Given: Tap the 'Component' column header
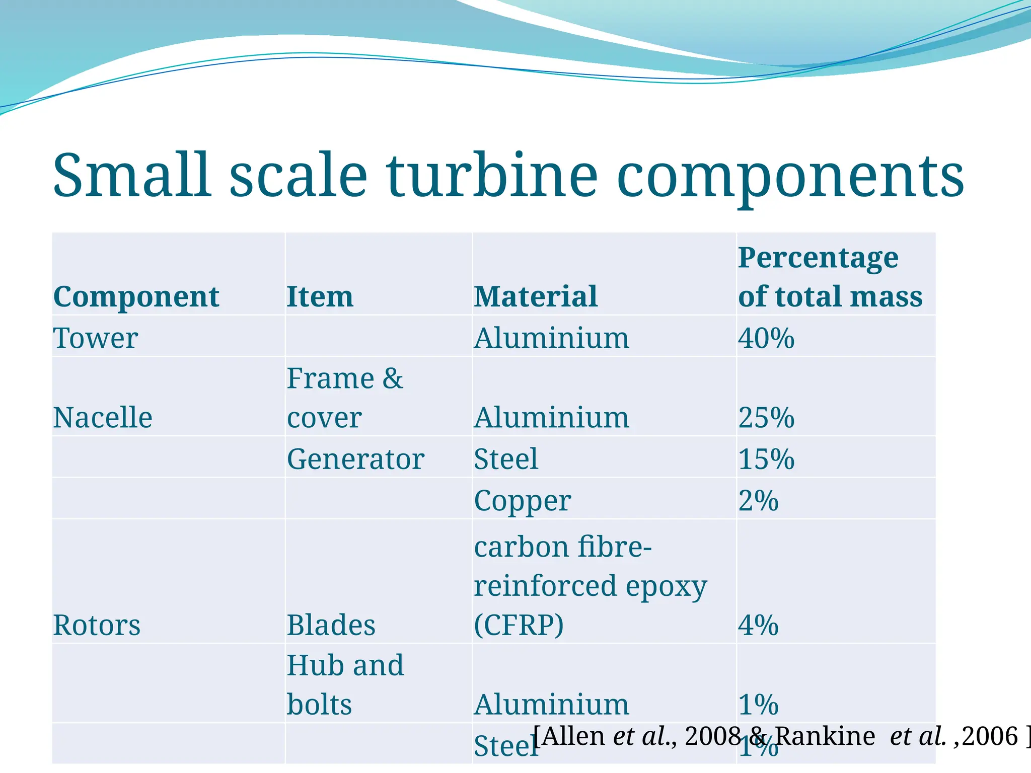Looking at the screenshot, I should pyautogui.click(x=136, y=296).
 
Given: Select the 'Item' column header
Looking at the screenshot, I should pyautogui.click(x=320, y=296).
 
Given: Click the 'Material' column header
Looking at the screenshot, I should pyautogui.click(x=536, y=296).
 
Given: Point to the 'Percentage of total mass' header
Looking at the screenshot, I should pyautogui.click(x=830, y=277).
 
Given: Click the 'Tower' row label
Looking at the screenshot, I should pyautogui.click(x=95, y=338).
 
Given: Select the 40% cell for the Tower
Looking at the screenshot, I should pyautogui.click(x=766, y=338).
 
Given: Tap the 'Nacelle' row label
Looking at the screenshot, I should pyautogui.click(x=103, y=418).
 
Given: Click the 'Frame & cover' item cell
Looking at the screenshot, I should pyautogui.click(x=345, y=398).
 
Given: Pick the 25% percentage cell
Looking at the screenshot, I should pyautogui.click(x=766, y=418).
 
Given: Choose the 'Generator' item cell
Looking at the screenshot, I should pyautogui.click(x=355, y=459).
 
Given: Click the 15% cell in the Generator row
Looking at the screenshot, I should pyautogui.click(x=766, y=459).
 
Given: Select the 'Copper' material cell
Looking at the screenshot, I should pyautogui.click(x=523, y=501).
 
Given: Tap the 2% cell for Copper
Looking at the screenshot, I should pyautogui.click(x=758, y=501).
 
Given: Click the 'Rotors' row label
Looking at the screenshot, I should pyautogui.click(x=97, y=625).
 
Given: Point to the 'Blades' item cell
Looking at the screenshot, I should pyautogui.click(x=331, y=625).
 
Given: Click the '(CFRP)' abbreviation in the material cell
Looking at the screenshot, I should pyautogui.click(x=519, y=625).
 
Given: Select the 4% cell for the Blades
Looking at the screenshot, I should pyautogui.click(x=758, y=625).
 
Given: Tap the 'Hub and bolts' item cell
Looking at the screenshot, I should pyautogui.click(x=345, y=684).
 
